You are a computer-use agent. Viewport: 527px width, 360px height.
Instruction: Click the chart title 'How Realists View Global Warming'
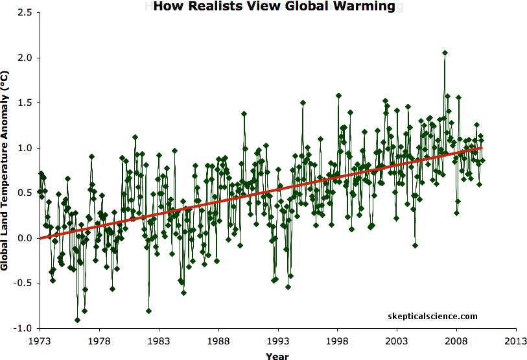coord(274,7)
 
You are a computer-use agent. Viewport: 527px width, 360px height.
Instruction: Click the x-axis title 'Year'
coord(277,355)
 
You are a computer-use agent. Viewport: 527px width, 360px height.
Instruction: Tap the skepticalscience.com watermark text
coord(432,317)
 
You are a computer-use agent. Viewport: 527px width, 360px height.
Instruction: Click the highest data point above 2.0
coord(445,53)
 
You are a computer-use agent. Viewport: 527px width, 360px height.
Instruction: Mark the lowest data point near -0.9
coord(77,320)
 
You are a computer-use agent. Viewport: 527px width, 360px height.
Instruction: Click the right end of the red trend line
coord(482,147)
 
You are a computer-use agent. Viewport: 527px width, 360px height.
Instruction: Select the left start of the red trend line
coord(40,238)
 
